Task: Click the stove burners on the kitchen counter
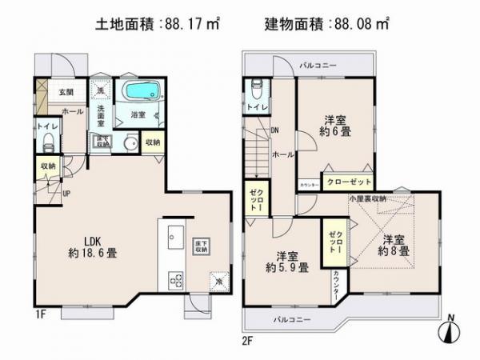coord(175,281)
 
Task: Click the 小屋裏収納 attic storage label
coord(367,198)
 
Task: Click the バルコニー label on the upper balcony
coord(318,64)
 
